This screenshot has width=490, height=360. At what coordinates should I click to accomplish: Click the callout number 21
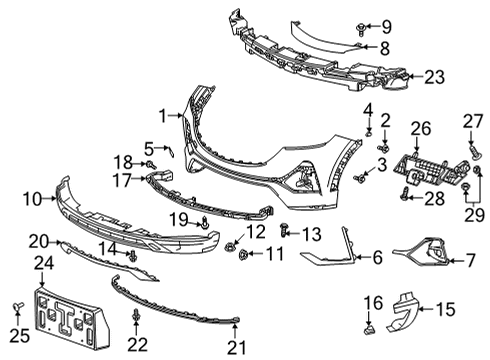[x=235, y=346]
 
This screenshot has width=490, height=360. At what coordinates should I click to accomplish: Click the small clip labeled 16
[x=368, y=326]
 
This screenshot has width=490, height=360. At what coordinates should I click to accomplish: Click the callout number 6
[x=377, y=258]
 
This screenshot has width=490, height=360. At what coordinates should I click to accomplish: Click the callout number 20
[x=37, y=240]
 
